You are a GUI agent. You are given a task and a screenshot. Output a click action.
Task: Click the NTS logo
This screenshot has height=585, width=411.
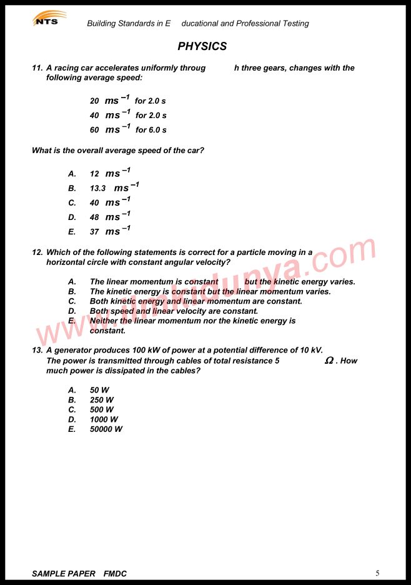(x=49, y=19)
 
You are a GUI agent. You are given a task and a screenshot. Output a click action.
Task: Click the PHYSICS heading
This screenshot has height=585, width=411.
(x=202, y=46)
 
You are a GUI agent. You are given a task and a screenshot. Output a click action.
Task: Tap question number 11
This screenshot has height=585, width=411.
(x=37, y=68)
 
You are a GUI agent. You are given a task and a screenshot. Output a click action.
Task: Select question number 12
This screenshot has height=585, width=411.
(x=37, y=252)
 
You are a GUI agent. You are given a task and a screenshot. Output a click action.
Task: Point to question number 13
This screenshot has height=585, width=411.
(x=37, y=351)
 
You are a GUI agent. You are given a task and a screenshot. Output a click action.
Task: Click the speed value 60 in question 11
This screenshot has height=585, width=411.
(x=94, y=130)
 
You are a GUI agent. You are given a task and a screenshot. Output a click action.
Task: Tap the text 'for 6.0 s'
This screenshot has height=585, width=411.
(x=151, y=130)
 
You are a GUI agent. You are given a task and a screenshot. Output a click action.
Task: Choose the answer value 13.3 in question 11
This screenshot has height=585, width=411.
(x=97, y=188)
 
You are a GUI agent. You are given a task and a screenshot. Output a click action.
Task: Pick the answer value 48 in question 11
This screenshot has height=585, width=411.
(x=94, y=217)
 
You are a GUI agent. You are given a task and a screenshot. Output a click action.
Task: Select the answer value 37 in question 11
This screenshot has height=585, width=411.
(x=94, y=232)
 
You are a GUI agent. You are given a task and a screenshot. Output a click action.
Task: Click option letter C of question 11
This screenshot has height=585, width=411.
(x=72, y=203)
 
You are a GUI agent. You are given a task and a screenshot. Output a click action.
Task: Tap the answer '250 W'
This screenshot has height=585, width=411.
(x=102, y=400)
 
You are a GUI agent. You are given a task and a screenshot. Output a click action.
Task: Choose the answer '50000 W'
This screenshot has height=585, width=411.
(x=106, y=429)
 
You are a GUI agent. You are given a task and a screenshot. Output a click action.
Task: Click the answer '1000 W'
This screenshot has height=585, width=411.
(x=104, y=419)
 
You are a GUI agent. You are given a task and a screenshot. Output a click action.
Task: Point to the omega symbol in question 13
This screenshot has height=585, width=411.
(x=329, y=361)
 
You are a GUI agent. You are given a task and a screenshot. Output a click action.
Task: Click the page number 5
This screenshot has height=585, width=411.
(x=377, y=573)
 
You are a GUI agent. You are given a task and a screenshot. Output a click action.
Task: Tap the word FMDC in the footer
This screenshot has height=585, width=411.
(x=115, y=574)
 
